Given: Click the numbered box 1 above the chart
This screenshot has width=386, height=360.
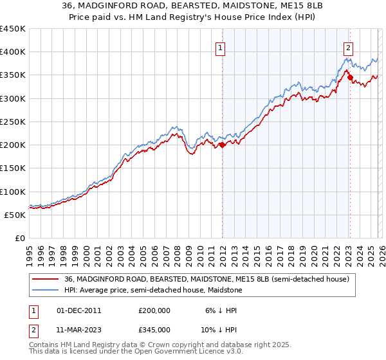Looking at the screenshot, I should [220, 47].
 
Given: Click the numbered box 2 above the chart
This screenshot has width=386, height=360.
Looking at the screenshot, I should [348, 47].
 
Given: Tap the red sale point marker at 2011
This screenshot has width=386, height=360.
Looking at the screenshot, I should [222, 145].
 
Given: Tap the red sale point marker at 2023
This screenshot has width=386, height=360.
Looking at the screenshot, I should [350, 78].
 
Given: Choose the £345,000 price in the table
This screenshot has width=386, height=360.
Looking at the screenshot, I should [154, 329].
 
